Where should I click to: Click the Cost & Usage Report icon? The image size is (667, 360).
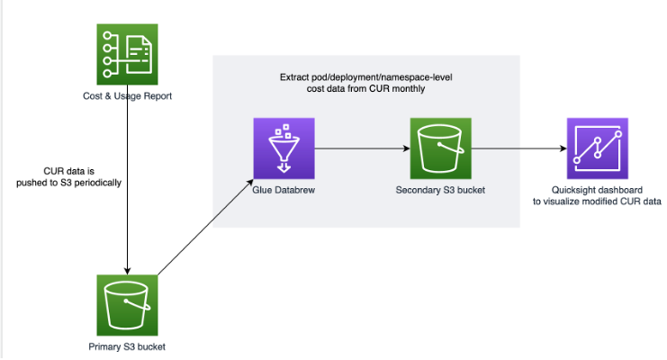[x=127, y=55]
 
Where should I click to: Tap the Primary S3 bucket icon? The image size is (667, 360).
[x=127, y=305]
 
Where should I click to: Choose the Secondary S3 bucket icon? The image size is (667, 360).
[x=440, y=148]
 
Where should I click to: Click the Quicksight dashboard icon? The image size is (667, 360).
[x=597, y=148]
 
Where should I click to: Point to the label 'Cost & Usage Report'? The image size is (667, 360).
[x=127, y=96]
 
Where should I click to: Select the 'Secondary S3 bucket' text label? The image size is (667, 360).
[x=440, y=190]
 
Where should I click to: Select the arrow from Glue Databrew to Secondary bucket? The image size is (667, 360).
[x=360, y=148]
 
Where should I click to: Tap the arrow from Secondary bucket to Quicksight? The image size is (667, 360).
[x=518, y=148]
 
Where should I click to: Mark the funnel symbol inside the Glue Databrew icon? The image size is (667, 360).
[x=283, y=149]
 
